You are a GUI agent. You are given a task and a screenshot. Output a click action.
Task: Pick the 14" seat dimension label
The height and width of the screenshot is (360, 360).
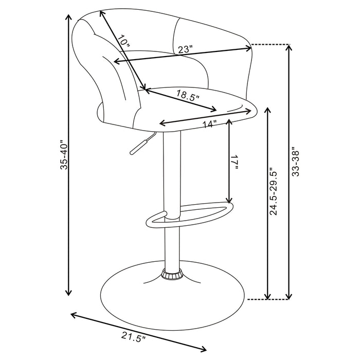point(209,124)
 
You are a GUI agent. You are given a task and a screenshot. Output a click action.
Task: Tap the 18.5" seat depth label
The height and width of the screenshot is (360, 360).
point(188,96)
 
